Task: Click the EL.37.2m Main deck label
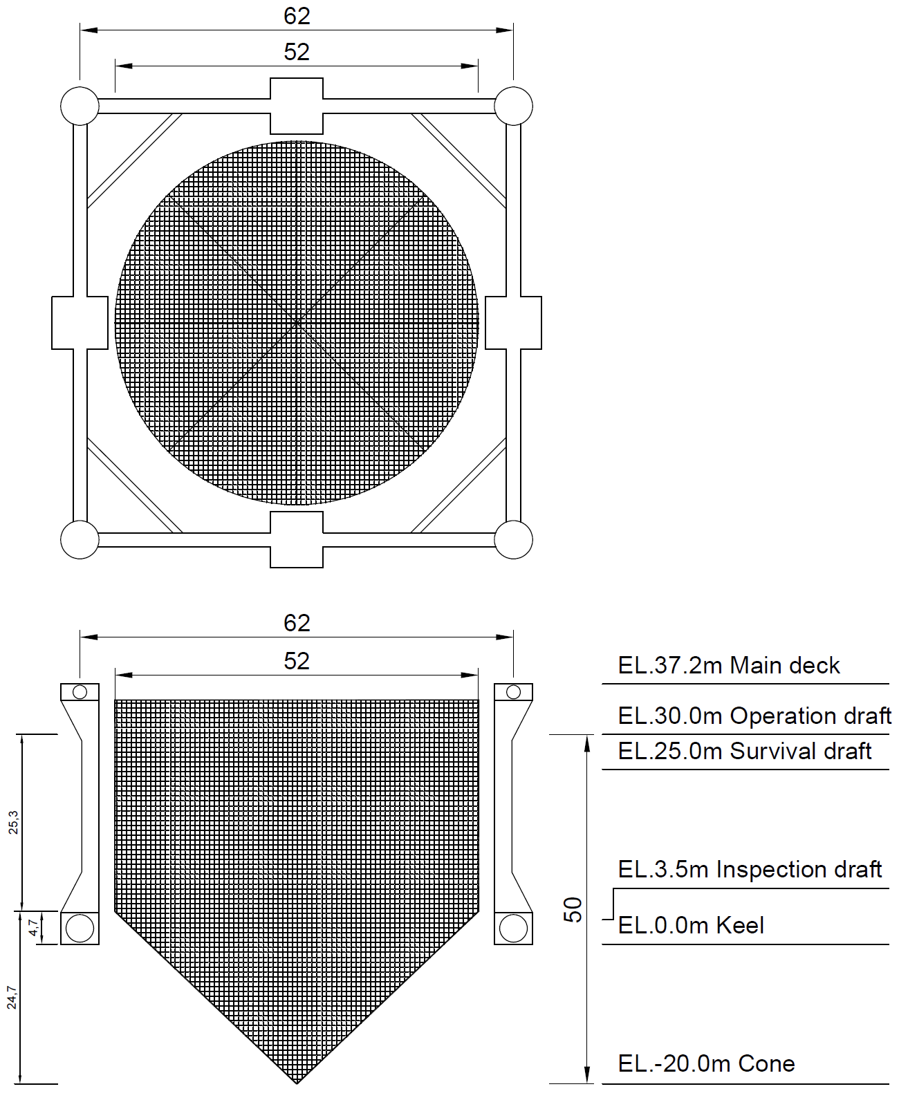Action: point(728,666)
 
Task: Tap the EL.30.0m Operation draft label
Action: point(754,716)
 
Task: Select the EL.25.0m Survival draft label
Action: point(744,752)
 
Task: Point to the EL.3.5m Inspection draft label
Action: point(750,870)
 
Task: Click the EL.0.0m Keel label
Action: point(691,926)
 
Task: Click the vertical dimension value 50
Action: point(573,910)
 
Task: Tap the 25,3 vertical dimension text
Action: point(13,822)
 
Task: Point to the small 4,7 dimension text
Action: point(33,927)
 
